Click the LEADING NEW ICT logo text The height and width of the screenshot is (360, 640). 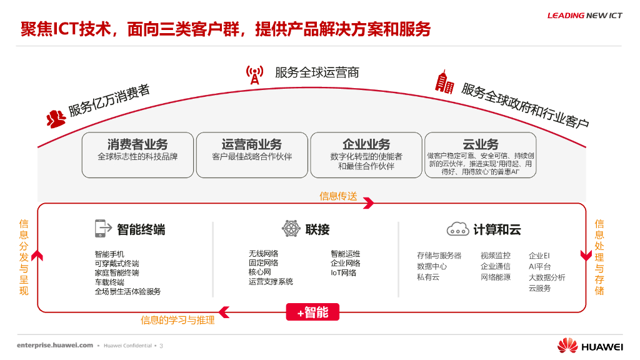pyautogui.click(x=584, y=16)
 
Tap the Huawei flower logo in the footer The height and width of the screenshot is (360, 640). pyautogui.click(x=567, y=346)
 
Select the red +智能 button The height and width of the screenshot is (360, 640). pyautogui.click(x=312, y=312)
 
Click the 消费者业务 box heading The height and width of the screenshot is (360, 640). pyautogui.click(x=137, y=144)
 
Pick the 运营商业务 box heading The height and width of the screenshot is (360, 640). pyautogui.click(x=252, y=144)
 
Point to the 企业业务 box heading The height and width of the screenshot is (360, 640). pyautogui.click(x=366, y=144)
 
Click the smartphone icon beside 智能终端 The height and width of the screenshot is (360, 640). pyautogui.click(x=101, y=229)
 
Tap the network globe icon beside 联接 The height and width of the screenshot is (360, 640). pyautogui.click(x=291, y=229)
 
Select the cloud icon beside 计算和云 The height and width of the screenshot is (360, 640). pyautogui.click(x=457, y=229)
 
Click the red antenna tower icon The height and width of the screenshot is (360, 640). pyautogui.click(x=254, y=74)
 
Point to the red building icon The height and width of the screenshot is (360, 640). pyautogui.click(x=444, y=82)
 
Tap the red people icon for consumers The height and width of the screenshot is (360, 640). pyautogui.click(x=56, y=117)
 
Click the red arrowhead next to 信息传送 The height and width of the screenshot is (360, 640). pyautogui.click(x=368, y=202)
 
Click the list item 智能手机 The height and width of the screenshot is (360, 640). pyautogui.click(x=109, y=254)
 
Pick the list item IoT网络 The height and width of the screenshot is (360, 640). pyautogui.click(x=343, y=272)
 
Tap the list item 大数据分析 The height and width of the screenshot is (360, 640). pyautogui.click(x=547, y=277)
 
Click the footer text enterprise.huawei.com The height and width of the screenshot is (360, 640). pyautogui.click(x=55, y=345)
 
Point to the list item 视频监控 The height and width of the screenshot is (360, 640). pyautogui.click(x=495, y=256)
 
